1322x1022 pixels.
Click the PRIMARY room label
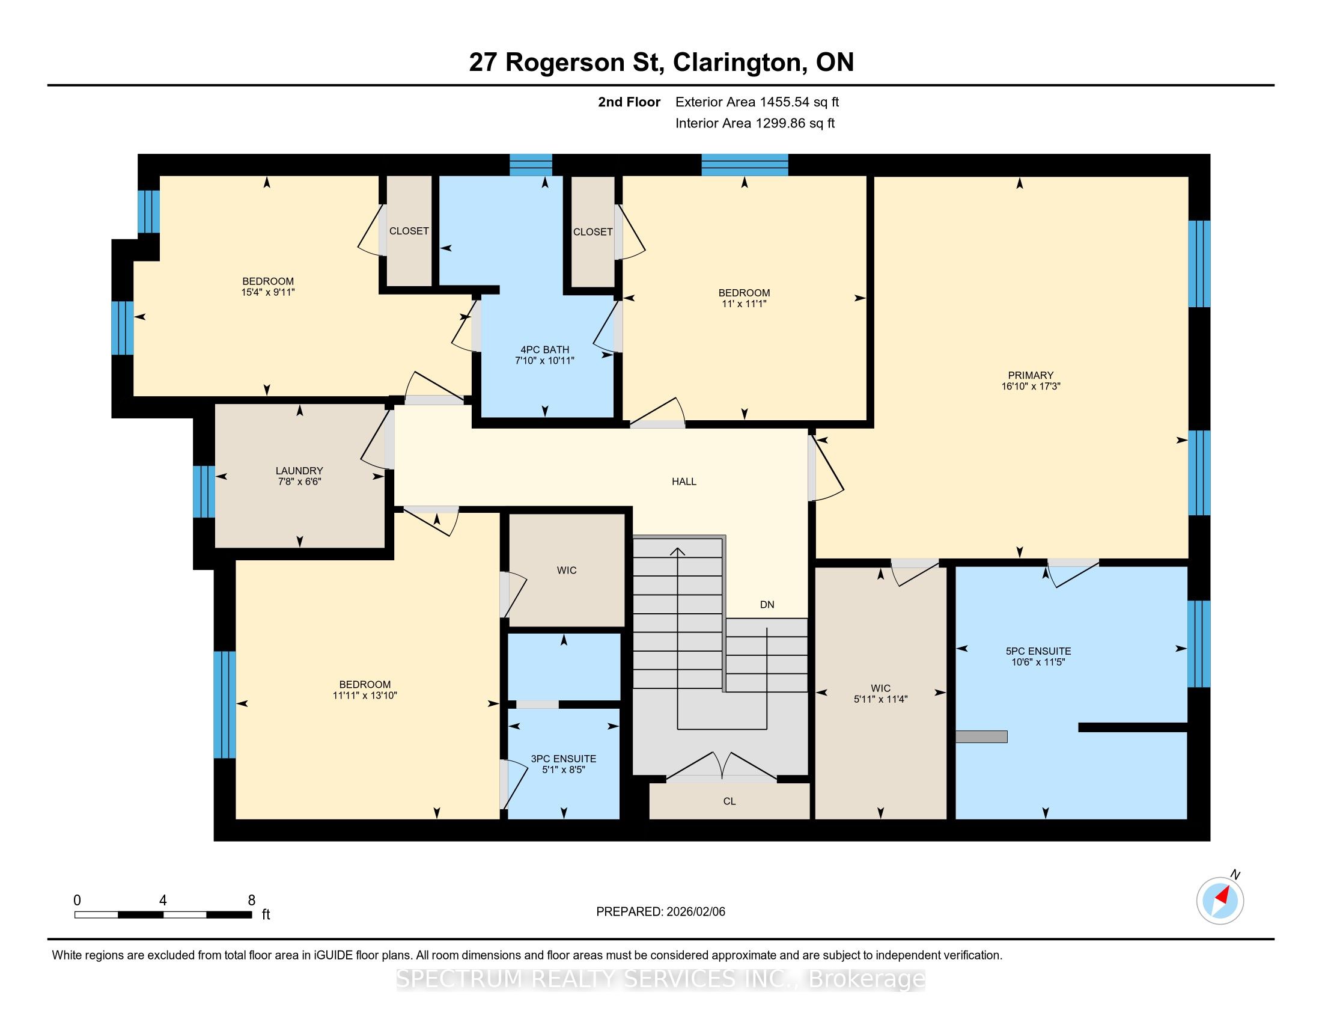(1030, 375)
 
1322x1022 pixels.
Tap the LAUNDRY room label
(299, 471)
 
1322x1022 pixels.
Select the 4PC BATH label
(545, 349)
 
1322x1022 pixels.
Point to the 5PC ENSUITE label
(1038, 651)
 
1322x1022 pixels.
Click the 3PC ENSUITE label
(564, 759)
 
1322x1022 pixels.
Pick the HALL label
(684, 482)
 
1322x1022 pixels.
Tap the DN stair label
(767, 604)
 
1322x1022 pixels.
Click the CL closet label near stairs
(730, 801)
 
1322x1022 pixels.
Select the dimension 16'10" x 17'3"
(1031, 387)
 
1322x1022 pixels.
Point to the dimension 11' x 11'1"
(744, 304)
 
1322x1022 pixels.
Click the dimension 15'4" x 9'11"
(267, 292)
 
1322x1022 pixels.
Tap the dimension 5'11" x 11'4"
(881, 699)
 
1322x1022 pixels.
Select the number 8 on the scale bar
(251, 901)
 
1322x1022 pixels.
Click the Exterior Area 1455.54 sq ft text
(757, 102)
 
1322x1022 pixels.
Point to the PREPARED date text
(660, 911)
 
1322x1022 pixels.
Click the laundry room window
(204, 491)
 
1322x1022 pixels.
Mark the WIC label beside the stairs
(881, 688)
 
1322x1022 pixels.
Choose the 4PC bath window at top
(531, 165)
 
